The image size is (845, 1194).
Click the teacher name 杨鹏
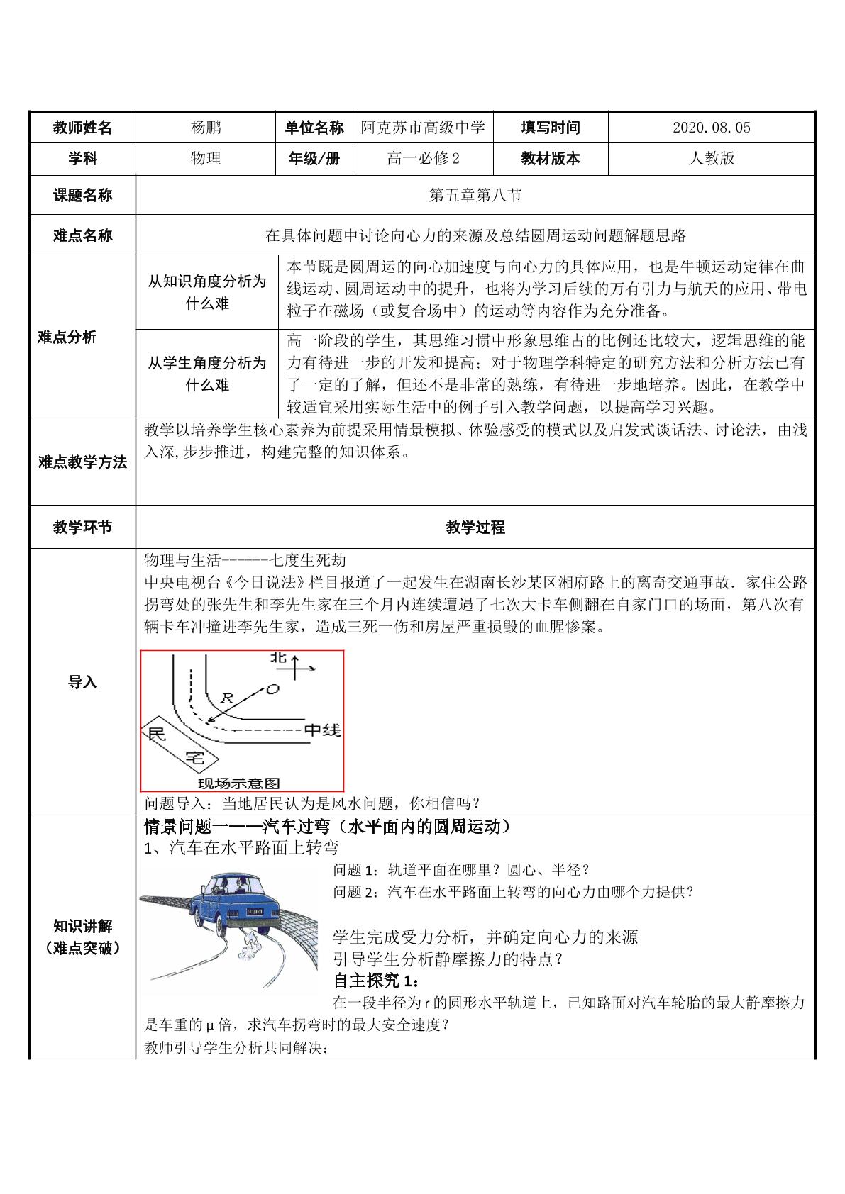point(206,128)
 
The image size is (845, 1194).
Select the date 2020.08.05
point(711,128)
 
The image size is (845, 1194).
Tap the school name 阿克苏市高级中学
point(423,128)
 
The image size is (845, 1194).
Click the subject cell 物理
point(206,158)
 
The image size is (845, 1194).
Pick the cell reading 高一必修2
point(423,158)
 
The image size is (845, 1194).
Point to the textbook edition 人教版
point(711,158)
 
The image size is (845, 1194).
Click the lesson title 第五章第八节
point(475,195)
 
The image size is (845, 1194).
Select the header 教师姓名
point(82,128)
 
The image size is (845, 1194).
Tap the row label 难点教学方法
point(82,463)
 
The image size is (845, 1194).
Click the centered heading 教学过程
point(475,527)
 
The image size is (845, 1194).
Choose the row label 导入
point(82,682)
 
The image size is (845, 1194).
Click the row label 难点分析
point(67,337)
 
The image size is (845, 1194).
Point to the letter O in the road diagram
point(272,688)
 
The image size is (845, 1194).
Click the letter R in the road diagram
point(227,698)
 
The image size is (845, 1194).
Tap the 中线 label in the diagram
point(322,730)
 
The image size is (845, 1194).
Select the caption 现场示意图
point(238,783)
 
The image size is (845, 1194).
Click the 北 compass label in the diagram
point(278,659)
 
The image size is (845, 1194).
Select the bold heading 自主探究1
point(377,981)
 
